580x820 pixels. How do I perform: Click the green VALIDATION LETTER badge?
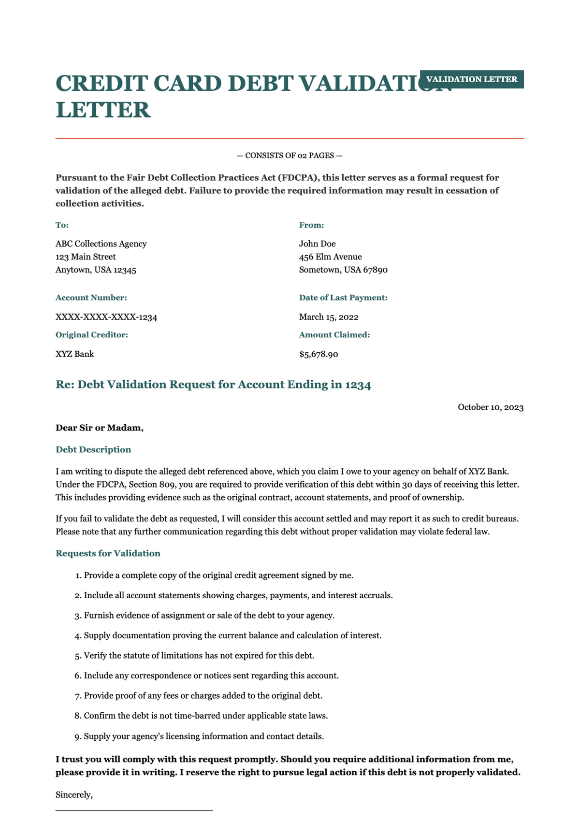click(x=472, y=79)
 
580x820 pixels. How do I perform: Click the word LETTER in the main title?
click(x=103, y=110)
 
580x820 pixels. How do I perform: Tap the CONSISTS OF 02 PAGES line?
click(x=290, y=156)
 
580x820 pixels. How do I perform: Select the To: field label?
click(x=62, y=225)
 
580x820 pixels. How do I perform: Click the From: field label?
click(x=311, y=225)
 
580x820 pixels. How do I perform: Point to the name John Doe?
click(x=317, y=244)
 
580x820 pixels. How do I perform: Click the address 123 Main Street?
click(x=86, y=257)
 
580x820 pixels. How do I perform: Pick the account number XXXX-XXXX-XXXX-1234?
click(x=106, y=317)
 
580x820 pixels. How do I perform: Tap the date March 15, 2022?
click(x=329, y=317)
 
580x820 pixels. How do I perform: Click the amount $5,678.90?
click(x=319, y=355)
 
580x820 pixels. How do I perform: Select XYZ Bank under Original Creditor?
click(x=75, y=354)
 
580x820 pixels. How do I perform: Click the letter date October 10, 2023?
click(x=490, y=407)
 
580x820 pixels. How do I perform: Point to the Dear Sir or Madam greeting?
click(x=100, y=428)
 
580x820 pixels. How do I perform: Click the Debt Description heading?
click(x=93, y=450)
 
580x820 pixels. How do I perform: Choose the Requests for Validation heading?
click(x=108, y=554)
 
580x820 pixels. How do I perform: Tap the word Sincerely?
click(x=74, y=795)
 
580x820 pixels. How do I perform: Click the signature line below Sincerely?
click(x=134, y=810)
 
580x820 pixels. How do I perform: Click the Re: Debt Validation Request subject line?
click(x=213, y=385)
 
